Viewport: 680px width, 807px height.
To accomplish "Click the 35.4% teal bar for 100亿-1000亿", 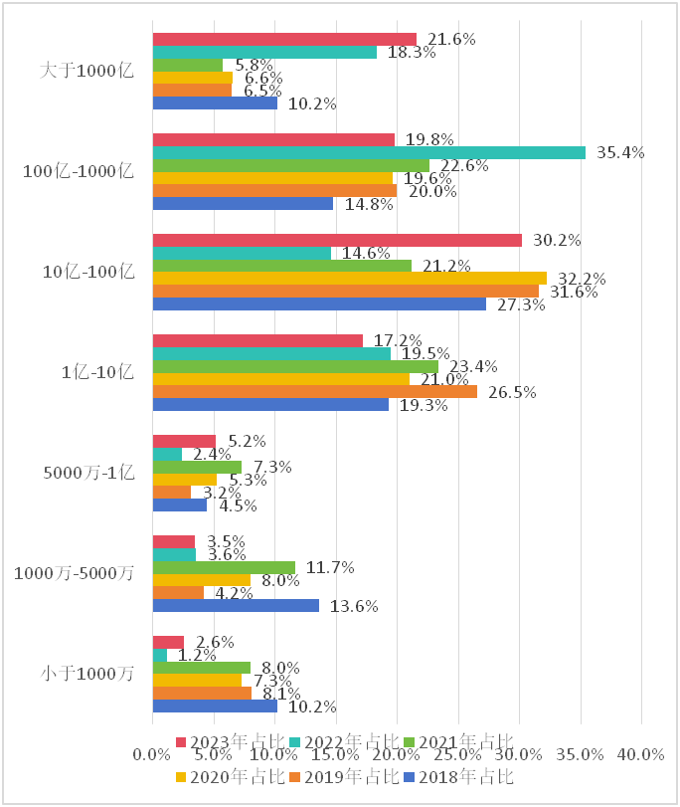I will pos(369,152).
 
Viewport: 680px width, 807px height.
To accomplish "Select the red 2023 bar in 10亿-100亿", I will pos(337,240).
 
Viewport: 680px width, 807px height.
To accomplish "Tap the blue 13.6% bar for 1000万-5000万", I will pos(236,605).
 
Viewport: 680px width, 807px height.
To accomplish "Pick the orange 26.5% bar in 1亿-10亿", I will pos(314,391).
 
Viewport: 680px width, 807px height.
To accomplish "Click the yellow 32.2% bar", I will pos(349,278).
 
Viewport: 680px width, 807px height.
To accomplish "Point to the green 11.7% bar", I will pos(224,567).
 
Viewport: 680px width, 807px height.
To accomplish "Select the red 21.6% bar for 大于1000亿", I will pos(284,39).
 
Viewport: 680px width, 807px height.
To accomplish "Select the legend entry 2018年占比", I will pos(467,776).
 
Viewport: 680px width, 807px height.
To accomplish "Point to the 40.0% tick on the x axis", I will pos(640,755).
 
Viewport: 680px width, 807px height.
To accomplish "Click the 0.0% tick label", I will pos(152,755).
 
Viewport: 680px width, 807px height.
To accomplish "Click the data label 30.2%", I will pos(558,240).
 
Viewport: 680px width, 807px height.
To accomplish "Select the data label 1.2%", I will pos(197,655).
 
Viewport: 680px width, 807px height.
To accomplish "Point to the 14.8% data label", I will pos(369,204).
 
